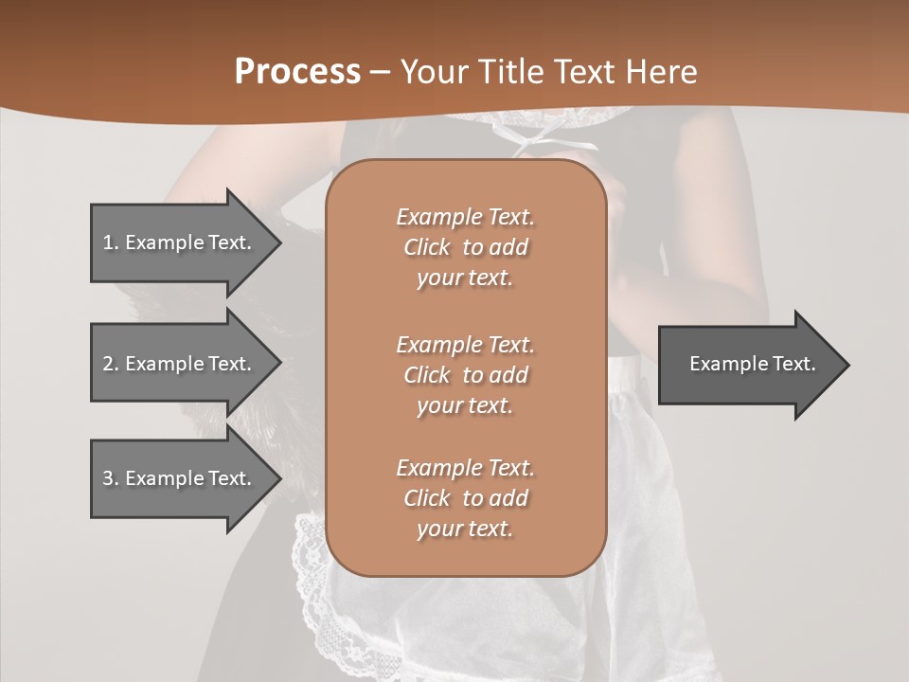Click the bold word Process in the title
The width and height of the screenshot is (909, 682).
(297, 72)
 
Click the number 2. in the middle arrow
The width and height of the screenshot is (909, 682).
(111, 364)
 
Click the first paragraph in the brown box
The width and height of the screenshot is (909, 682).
(465, 247)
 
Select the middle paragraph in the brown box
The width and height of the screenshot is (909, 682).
(465, 374)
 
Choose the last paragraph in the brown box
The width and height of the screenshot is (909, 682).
(465, 498)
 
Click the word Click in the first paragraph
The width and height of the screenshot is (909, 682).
(427, 247)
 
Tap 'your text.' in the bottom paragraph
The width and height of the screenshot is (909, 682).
(465, 529)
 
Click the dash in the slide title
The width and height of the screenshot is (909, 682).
(381, 72)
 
